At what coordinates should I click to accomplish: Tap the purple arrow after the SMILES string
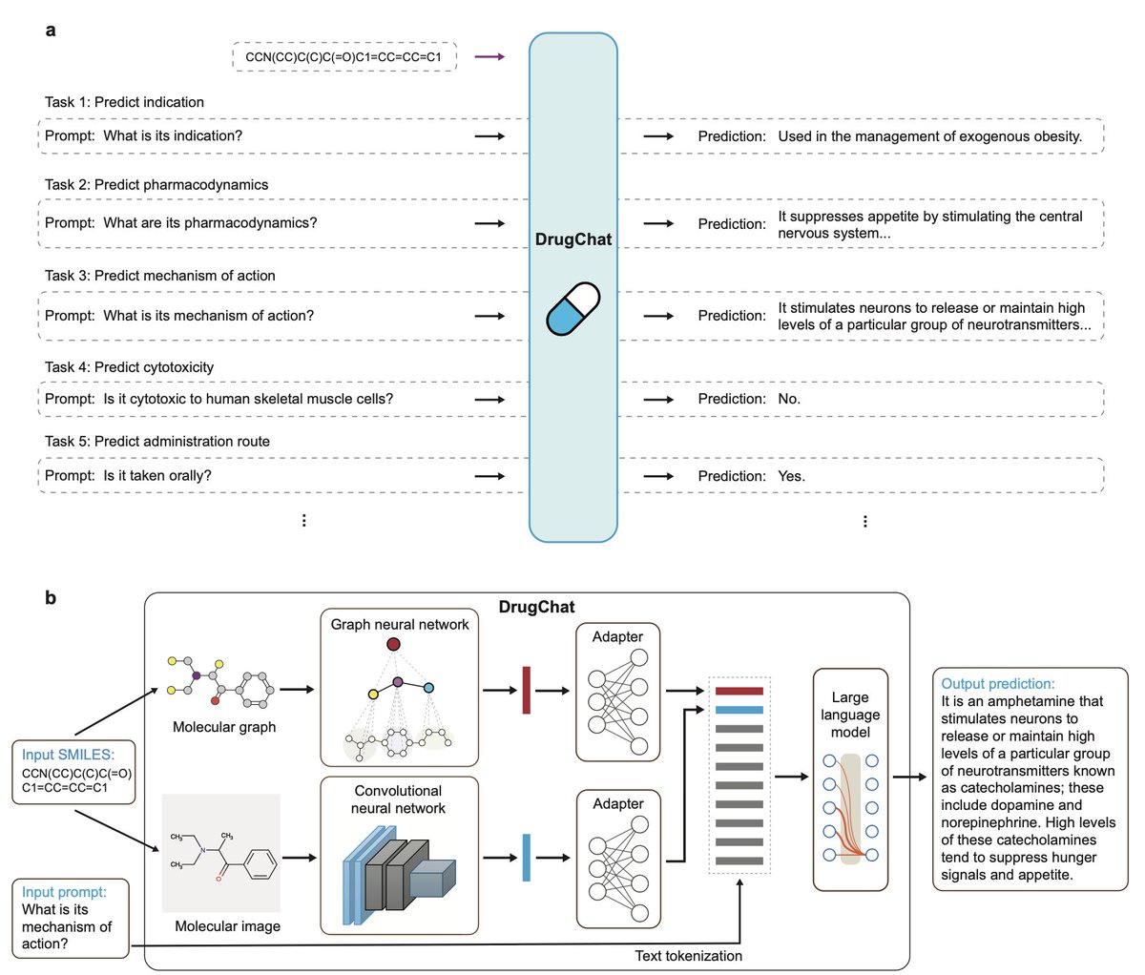(489, 57)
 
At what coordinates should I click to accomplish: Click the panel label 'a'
(51, 31)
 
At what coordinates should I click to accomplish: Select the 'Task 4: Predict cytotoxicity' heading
(129, 367)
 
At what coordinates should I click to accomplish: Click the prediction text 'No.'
(789, 399)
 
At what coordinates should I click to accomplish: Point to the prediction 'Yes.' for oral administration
(791, 476)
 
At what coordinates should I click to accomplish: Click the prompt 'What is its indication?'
(173, 135)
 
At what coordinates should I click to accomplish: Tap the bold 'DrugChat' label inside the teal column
(572, 239)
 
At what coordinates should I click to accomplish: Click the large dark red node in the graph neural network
(393, 645)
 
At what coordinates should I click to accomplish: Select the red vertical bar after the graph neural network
(526, 691)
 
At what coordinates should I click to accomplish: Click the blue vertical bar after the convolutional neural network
(526, 858)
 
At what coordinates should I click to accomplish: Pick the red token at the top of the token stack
(739, 691)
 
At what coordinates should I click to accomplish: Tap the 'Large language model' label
(850, 715)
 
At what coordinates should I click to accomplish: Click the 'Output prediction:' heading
(997, 684)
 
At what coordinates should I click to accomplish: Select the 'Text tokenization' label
(688, 955)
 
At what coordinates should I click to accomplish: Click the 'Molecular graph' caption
(224, 727)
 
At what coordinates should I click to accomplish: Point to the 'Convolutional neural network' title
(399, 799)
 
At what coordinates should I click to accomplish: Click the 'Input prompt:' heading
(64, 892)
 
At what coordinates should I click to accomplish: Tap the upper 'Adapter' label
(617, 636)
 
